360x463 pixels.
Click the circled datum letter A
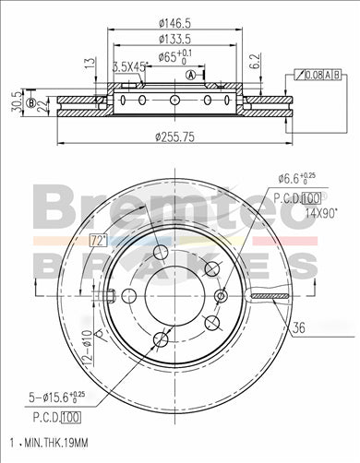(191, 75)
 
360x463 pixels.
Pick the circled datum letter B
(30, 103)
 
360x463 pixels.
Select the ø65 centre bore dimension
(172, 57)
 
